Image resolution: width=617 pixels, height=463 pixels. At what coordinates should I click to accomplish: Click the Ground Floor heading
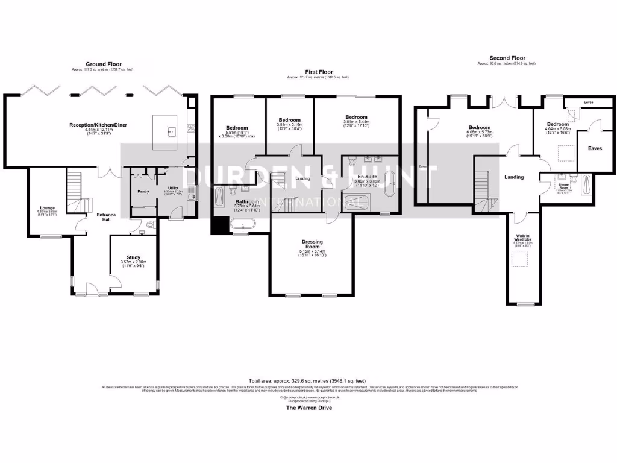pyautogui.click(x=103, y=64)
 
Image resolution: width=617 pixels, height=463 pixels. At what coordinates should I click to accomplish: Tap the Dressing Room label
pyautogui.click(x=313, y=244)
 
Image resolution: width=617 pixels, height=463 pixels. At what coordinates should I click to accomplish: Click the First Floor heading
pyautogui.click(x=318, y=72)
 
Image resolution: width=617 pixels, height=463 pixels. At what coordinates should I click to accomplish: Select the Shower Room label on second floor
pyautogui.click(x=564, y=186)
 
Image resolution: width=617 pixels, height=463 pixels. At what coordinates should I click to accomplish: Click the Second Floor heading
pyautogui.click(x=506, y=58)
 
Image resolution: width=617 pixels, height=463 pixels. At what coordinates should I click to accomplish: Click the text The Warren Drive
pyautogui.click(x=308, y=408)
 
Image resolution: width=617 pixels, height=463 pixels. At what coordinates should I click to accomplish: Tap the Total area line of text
pyautogui.click(x=308, y=381)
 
